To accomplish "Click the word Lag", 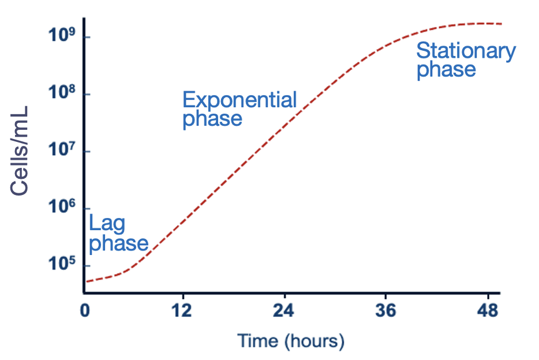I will click(107, 223).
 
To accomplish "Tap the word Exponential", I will click(239, 100).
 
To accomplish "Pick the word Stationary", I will click(466, 51).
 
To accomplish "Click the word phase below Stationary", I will click(446, 70).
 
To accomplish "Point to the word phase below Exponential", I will click(212, 119).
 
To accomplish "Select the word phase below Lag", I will click(119, 243).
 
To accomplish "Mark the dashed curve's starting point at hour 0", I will click(87, 282).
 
